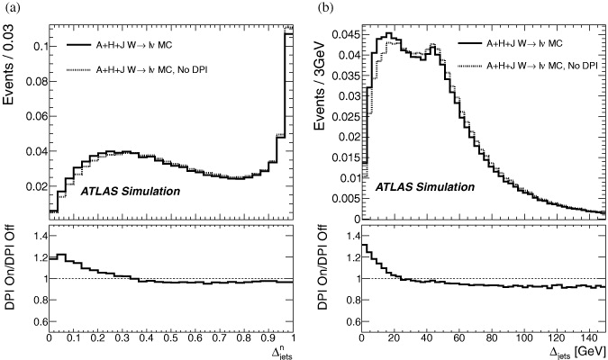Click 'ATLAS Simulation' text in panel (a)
(x=122, y=191)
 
